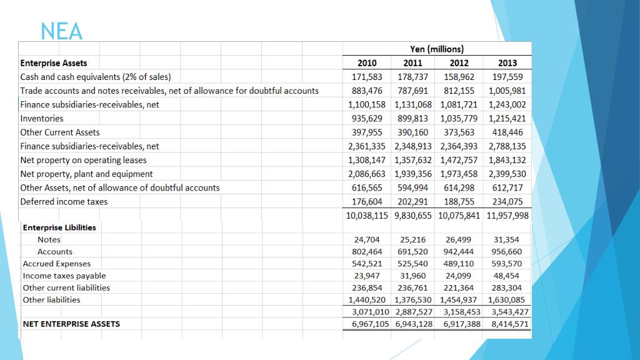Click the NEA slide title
[61, 31]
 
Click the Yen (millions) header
[437, 49]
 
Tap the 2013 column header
[507, 63]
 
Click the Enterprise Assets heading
[54, 63]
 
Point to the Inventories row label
[42, 118]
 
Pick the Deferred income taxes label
[64, 201]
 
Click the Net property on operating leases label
[83, 160]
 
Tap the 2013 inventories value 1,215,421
[507, 118]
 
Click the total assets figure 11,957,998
[507, 216]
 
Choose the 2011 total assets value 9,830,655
[413, 216]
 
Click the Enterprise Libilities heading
[59, 227]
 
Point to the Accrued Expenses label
[56, 264]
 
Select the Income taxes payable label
[64, 276]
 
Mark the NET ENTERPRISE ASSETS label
[71, 324]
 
